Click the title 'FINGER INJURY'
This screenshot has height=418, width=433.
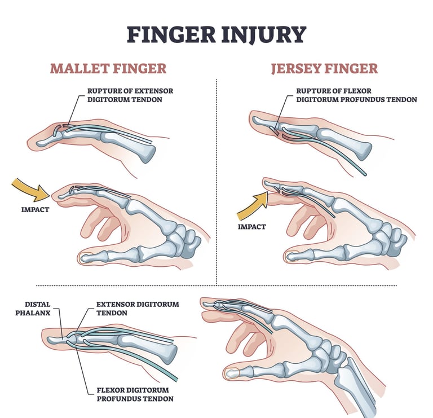216,34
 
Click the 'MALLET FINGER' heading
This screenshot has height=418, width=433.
108,69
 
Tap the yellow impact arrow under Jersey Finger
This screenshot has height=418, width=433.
252,205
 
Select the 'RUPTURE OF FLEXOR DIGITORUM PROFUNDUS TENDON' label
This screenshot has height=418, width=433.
356,95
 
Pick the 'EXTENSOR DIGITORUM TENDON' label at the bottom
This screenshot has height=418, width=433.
138,308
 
